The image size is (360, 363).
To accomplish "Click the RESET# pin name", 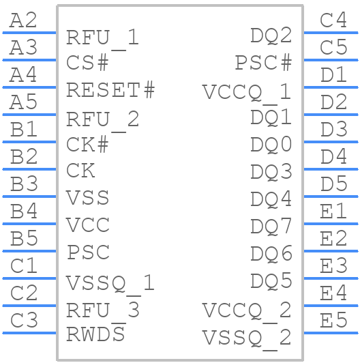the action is click(110, 90).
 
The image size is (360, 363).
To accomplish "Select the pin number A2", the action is click(23, 20).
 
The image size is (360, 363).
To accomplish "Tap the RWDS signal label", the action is click(95, 334).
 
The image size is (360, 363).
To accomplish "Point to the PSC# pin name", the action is click(263, 63).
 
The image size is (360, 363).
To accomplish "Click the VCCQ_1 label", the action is click(247, 93).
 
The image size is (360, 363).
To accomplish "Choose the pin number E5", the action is click(333, 320).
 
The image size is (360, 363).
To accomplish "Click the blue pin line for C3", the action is click(29, 333).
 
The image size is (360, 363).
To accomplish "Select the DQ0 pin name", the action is click(271, 145).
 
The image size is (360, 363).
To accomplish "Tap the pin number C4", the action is click(333, 20).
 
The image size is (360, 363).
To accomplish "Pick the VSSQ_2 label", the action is click(247, 338).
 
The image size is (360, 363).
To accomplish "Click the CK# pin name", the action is click(87, 145).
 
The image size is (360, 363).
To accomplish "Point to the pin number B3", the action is click(24, 184).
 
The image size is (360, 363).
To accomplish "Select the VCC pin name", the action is click(88, 225).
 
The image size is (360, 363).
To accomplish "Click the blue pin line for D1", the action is click(331, 87).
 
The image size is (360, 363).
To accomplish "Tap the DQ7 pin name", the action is click(271, 227).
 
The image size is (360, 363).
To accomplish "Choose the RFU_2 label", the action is click(102, 121).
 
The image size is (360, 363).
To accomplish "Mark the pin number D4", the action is click(333, 156).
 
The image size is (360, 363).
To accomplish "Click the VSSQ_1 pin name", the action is click(110, 285).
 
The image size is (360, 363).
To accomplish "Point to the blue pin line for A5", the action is click(29, 115).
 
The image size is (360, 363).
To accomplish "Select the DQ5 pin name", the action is click(271, 281).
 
